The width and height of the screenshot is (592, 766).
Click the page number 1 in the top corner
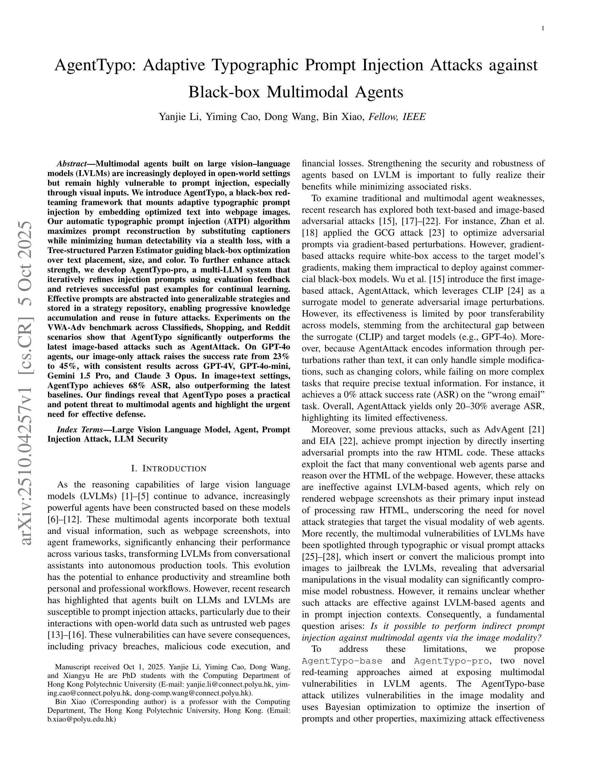[543, 29]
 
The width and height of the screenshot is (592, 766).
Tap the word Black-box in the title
[224, 92]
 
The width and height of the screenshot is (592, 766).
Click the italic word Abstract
[72, 164]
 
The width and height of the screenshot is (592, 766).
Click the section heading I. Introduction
[169, 468]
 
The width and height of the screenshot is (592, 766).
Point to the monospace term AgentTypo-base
[342, 661]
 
